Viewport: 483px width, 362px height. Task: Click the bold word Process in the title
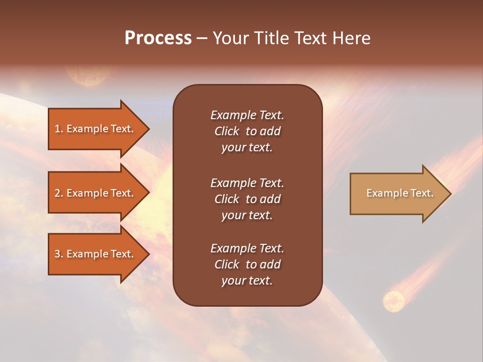[x=158, y=38]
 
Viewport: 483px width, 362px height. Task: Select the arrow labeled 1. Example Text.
[x=96, y=129]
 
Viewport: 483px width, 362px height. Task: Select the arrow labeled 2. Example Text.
[x=96, y=193]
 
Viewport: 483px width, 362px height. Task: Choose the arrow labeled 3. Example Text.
[x=96, y=254]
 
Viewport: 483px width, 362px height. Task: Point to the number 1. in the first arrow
[x=59, y=129]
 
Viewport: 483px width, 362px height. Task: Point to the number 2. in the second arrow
[x=59, y=193]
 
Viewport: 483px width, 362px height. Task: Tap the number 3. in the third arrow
[x=59, y=254]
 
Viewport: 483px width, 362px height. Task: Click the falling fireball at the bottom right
[x=393, y=301]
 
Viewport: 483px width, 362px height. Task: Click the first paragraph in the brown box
[x=247, y=131]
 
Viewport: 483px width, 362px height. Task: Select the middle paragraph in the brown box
[x=247, y=199]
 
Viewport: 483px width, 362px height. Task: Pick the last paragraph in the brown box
[x=247, y=264]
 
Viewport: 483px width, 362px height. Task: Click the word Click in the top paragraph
[x=226, y=131]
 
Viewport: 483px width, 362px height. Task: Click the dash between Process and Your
[x=202, y=39]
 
